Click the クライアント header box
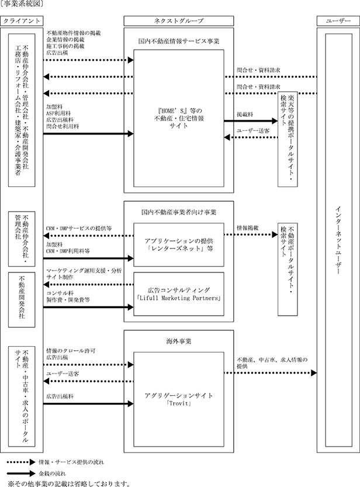point(22,21)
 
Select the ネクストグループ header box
point(178,21)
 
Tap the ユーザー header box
point(338,21)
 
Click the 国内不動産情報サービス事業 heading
point(179,41)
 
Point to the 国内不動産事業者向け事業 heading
point(179,212)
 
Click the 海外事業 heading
point(179,341)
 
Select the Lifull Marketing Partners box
point(179,294)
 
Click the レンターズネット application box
point(179,245)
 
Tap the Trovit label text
point(179,403)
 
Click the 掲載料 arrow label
point(245,115)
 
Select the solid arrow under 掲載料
point(251,121)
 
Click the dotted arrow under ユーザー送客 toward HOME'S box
point(251,137)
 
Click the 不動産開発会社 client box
point(22,300)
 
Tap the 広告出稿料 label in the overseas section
point(60,396)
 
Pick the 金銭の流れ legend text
point(52,474)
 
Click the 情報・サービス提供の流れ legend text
point(71,462)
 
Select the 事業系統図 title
point(22,4)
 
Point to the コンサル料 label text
point(60,293)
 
